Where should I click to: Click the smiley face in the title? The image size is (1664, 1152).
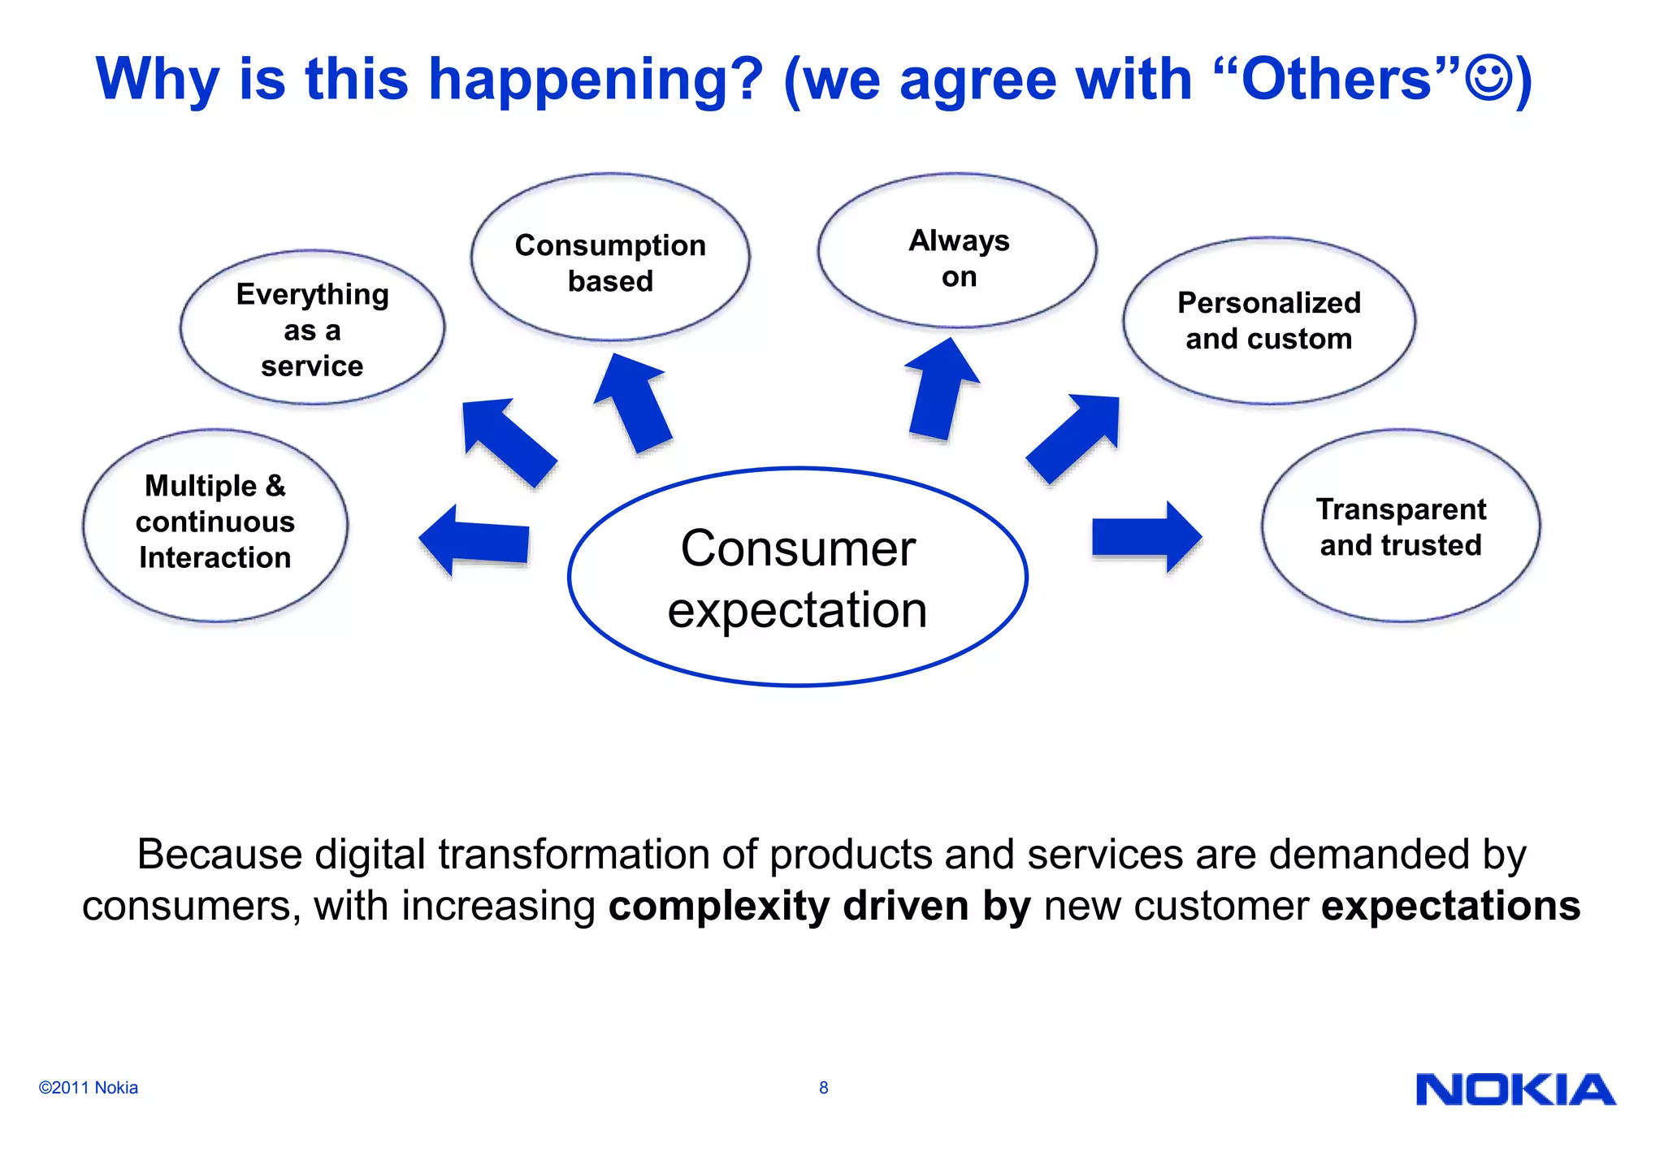(1489, 78)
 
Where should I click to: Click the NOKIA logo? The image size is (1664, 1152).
(1515, 1089)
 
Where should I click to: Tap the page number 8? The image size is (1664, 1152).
(823, 1088)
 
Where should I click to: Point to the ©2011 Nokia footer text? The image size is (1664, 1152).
(88, 1088)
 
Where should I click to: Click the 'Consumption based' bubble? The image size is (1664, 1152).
(610, 258)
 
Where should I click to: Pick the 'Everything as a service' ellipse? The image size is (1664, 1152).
(312, 328)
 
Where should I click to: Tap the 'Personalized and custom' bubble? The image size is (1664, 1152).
(1268, 321)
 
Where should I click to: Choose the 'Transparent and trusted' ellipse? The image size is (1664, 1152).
(1400, 526)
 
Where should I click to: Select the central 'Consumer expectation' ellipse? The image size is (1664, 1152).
(797, 578)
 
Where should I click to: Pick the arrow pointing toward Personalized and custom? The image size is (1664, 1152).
(1075, 439)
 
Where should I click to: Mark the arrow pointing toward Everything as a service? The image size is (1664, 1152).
(506, 441)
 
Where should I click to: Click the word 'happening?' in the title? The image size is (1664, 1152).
(596, 80)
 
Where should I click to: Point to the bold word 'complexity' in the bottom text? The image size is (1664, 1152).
(718, 906)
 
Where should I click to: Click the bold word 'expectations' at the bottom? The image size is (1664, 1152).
(1450, 906)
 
